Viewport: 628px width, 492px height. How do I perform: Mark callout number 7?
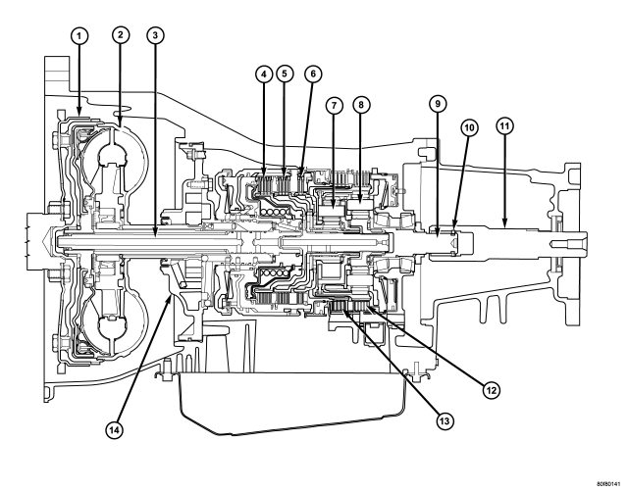335,105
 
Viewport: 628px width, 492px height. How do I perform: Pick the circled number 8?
361,105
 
